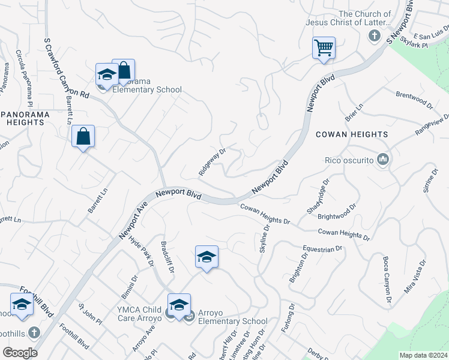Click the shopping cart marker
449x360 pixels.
[324, 47]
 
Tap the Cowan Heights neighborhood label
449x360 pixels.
[352, 134]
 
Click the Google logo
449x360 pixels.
[20, 353]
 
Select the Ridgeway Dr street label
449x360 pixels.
[212, 162]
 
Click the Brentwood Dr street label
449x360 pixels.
[414, 100]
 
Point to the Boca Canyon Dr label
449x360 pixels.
[387, 280]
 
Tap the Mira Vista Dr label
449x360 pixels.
[415, 277]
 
